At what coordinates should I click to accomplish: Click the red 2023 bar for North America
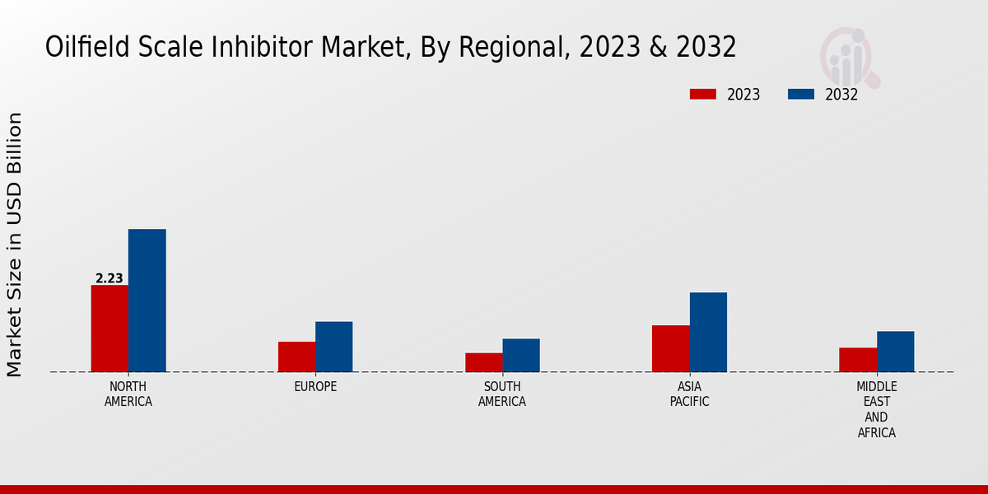point(110,329)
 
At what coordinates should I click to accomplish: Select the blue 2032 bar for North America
point(147,301)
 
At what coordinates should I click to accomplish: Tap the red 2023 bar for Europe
point(296,357)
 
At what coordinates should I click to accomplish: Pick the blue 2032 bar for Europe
point(333,347)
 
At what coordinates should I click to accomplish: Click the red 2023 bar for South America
point(483,362)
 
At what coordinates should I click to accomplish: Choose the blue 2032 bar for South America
point(521,355)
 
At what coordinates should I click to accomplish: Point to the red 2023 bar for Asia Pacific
point(670,348)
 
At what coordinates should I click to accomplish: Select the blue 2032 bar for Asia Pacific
point(708,332)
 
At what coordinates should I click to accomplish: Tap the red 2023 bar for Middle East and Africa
point(858,360)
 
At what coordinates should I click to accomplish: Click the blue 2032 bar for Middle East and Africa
point(895,352)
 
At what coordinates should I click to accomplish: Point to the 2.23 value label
point(110,278)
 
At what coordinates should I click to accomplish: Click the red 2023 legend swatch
point(702,94)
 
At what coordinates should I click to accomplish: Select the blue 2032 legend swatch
point(801,94)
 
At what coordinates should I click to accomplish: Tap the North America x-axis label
point(128,394)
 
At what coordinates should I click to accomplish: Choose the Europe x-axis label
point(315,387)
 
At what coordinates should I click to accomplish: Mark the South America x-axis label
point(502,394)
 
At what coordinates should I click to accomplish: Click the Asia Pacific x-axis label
point(689,394)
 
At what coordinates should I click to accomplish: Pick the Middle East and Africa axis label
point(876,409)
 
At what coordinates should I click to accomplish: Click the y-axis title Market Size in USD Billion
point(15,245)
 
